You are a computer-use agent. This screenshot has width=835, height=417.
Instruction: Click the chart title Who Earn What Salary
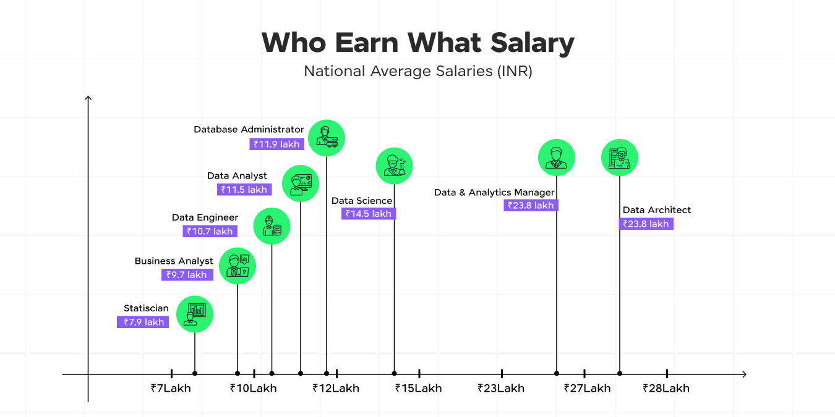click(417, 43)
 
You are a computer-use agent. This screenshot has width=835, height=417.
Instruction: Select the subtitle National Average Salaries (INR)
click(417, 71)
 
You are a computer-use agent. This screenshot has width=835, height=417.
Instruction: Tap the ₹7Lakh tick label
click(171, 389)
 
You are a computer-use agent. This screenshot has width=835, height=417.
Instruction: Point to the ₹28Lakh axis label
click(666, 389)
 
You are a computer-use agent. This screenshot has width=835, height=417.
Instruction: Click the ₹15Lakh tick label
click(419, 389)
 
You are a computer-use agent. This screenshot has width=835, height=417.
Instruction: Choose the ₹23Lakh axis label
click(501, 389)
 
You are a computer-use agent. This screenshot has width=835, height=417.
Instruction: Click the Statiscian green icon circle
click(195, 314)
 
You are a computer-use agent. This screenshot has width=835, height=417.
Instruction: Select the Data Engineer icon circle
click(272, 226)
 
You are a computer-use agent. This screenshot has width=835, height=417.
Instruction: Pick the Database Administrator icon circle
click(327, 138)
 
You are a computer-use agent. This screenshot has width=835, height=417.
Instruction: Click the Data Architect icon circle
click(620, 158)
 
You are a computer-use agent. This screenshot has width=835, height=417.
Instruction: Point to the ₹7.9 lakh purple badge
click(143, 322)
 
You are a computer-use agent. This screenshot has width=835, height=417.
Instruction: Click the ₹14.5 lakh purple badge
click(369, 214)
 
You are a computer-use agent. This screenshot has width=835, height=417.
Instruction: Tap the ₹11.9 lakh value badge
click(276, 145)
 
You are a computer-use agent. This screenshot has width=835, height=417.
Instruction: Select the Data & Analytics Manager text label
click(494, 193)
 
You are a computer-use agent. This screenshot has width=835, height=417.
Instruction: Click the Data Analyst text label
click(237, 176)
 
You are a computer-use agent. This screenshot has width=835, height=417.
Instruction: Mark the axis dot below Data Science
click(394, 373)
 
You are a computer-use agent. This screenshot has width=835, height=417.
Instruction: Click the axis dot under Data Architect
click(620, 373)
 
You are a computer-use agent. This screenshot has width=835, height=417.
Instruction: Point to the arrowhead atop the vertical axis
click(88, 98)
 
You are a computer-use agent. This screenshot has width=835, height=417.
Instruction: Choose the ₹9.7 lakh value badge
click(187, 275)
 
